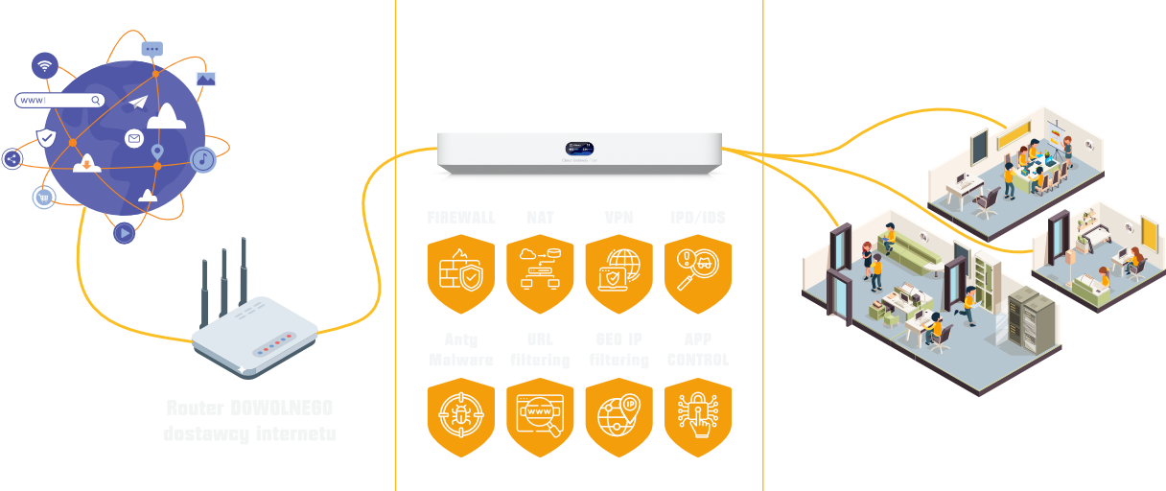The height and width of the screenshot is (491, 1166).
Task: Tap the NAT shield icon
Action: click(540, 273)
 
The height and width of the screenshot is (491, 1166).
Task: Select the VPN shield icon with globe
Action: click(618, 273)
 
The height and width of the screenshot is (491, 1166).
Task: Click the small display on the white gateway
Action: click(579, 149)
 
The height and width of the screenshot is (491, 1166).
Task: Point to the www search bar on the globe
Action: click(59, 100)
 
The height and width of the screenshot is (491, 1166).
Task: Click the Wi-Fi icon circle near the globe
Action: click(44, 65)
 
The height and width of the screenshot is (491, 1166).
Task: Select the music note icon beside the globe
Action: click(203, 159)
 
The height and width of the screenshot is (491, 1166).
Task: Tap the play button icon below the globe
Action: click(124, 232)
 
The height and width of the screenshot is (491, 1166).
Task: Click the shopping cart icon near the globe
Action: click(43, 198)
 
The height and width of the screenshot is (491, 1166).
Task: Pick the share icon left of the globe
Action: click(12, 159)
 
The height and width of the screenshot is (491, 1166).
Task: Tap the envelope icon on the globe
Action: click(134, 140)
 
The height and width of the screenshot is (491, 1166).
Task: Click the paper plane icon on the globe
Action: click(139, 102)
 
